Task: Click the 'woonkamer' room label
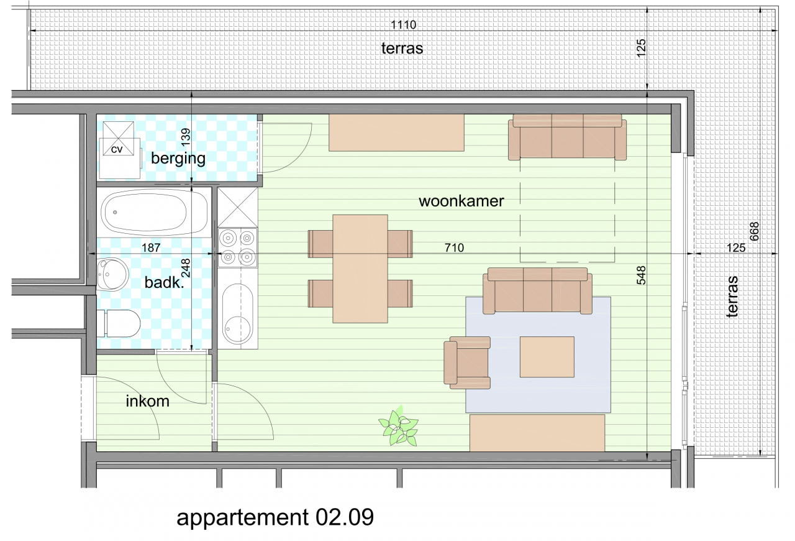[461, 201]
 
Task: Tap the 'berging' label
[178, 158]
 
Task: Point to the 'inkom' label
[147, 401]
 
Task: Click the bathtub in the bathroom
[155, 211]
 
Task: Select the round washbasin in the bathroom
[112, 274]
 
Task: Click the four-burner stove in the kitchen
[238, 246]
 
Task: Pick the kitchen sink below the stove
[237, 315]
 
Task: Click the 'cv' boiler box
[117, 149]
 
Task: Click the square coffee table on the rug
[547, 357]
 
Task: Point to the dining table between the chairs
[360, 269]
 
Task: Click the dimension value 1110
[402, 25]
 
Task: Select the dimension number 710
[454, 248]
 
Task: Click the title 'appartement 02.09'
[275, 517]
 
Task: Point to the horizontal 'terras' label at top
[402, 48]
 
